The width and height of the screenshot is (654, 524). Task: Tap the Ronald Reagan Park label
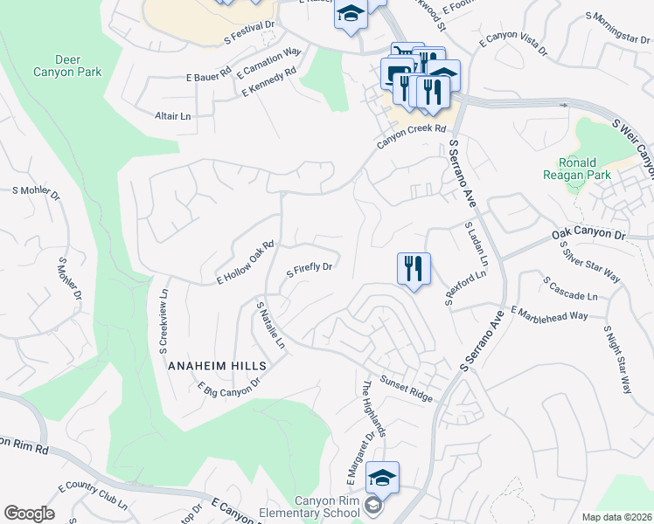coord(577,169)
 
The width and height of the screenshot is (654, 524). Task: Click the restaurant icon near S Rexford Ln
coord(414,268)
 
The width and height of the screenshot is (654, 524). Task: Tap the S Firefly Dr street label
coord(310,270)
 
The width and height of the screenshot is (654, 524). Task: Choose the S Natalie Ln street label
coord(270,325)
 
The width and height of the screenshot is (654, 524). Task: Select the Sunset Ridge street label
coord(406,390)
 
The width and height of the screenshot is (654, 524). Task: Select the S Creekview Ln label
coord(163,316)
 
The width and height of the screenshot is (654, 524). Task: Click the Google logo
coord(28,514)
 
